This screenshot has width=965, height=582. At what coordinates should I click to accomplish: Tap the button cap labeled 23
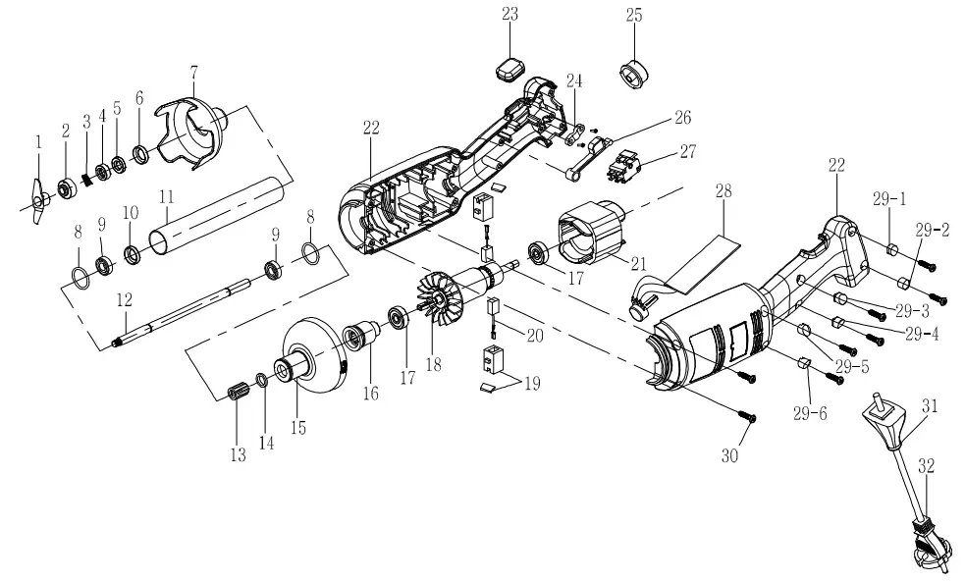click(508, 71)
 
